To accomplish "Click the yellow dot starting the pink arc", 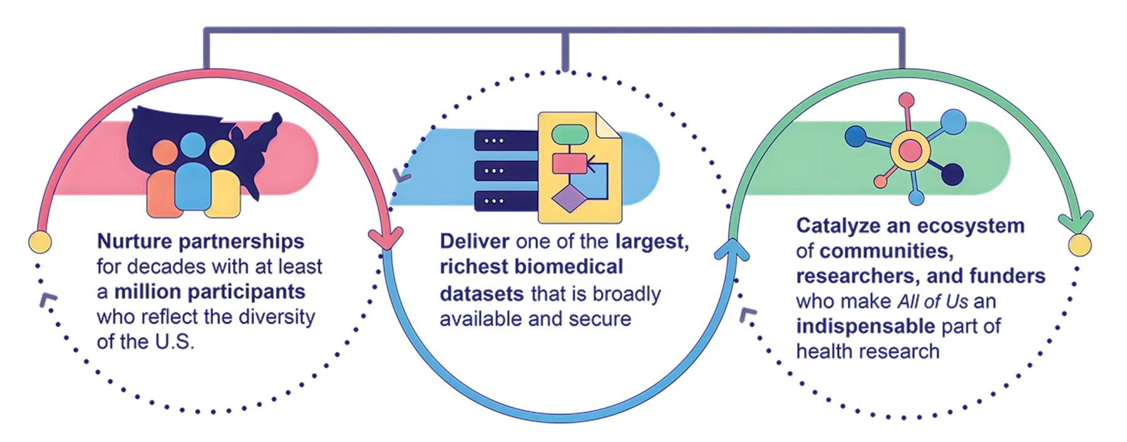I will pos(39,240).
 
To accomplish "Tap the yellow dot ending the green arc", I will pos(1078,245).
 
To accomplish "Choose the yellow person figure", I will pos(224,182).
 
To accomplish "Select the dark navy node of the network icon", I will pos(952,175).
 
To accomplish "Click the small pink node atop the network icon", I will pos(906,100).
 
